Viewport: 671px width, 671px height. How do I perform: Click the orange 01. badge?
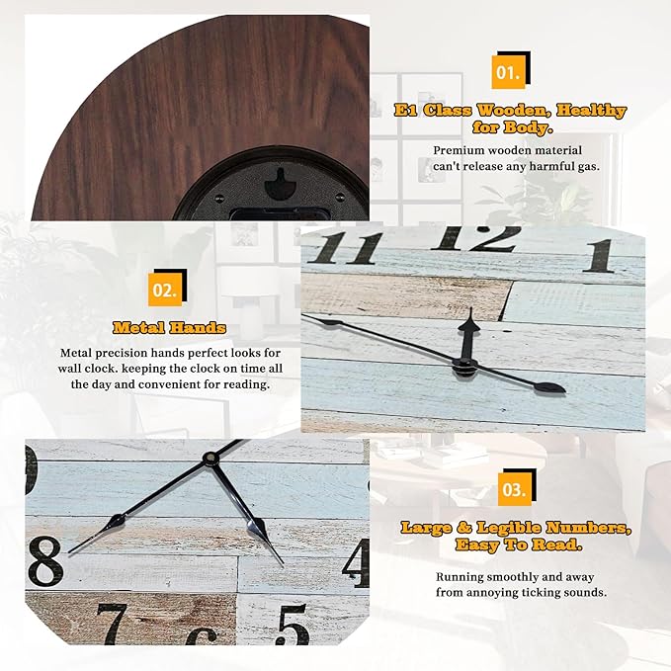point(508,72)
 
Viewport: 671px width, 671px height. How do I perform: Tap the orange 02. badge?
point(165,290)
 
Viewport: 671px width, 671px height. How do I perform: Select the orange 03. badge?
point(515,489)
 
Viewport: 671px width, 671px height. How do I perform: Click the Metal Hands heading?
point(169,328)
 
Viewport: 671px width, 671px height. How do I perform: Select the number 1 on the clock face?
point(601,256)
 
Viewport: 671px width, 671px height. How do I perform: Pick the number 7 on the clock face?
point(114,623)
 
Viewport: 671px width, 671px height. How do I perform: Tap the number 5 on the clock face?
point(294,624)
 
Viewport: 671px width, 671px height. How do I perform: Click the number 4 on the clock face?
point(357,562)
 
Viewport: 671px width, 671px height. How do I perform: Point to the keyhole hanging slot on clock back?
point(281,184)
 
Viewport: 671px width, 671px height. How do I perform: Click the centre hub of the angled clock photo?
point(465,368)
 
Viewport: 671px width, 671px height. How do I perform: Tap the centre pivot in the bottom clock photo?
point(210,458)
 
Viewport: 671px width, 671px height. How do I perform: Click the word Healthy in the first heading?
point(592,111)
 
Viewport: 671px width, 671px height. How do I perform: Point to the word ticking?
point(549,594)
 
